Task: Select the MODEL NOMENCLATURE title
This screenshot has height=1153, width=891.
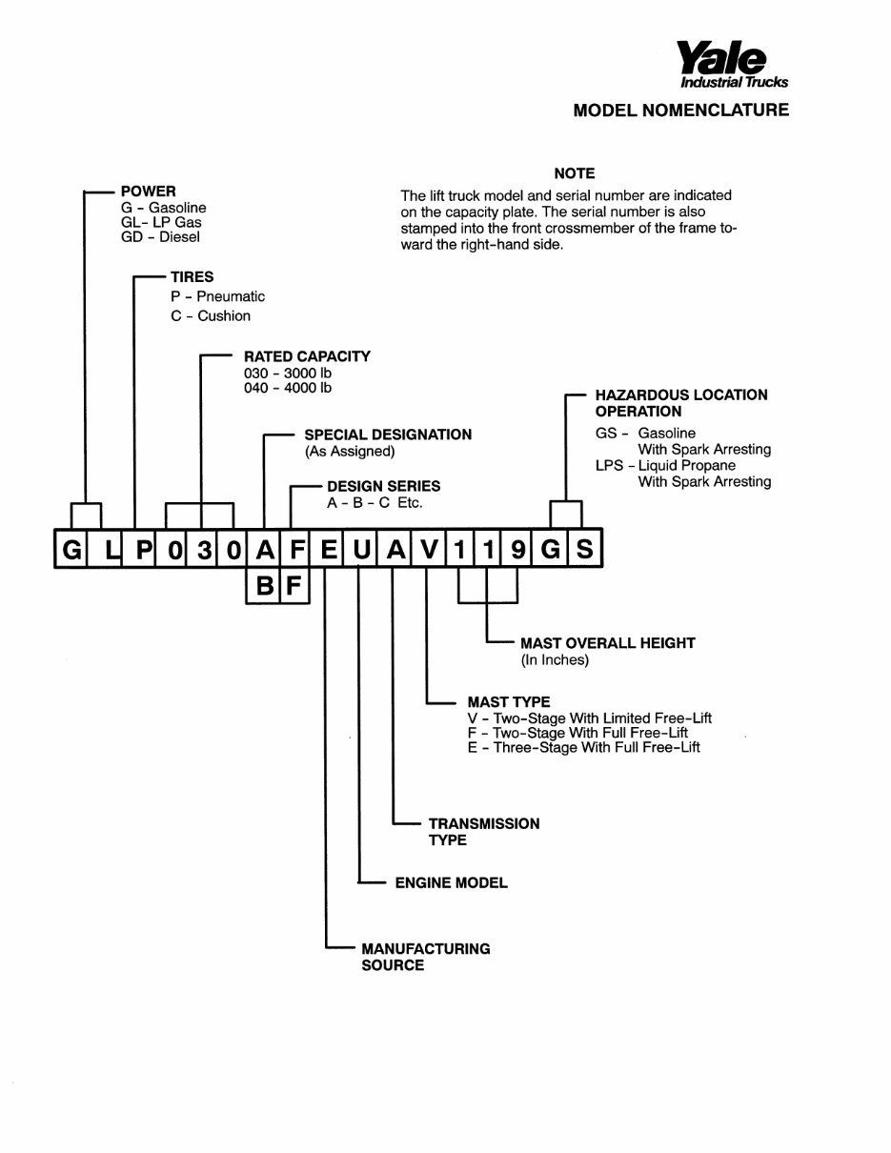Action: click(680, 111)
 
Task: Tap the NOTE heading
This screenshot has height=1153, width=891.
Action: click(574, 173)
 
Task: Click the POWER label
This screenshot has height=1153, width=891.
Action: click(148, 192)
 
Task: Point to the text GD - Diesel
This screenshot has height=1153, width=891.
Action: click(161, 237)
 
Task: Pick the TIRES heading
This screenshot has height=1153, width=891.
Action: click(192, 277)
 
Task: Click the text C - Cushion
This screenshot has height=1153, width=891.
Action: click(211, 315)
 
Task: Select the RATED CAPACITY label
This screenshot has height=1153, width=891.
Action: click(307, 356)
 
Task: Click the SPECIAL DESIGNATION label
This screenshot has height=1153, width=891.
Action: click(388, 435)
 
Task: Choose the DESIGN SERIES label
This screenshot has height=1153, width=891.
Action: click(383, 487)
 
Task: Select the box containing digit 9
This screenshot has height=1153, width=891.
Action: click(517, 550)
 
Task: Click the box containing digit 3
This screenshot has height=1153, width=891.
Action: click(202, 550)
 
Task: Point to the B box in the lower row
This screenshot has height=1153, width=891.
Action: click(265, 586)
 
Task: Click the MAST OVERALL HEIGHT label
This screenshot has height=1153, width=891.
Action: click(607, 643)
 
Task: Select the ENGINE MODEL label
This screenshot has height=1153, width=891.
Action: click(451, 883)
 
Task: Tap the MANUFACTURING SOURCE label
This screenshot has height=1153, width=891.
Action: click(425, 957)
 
